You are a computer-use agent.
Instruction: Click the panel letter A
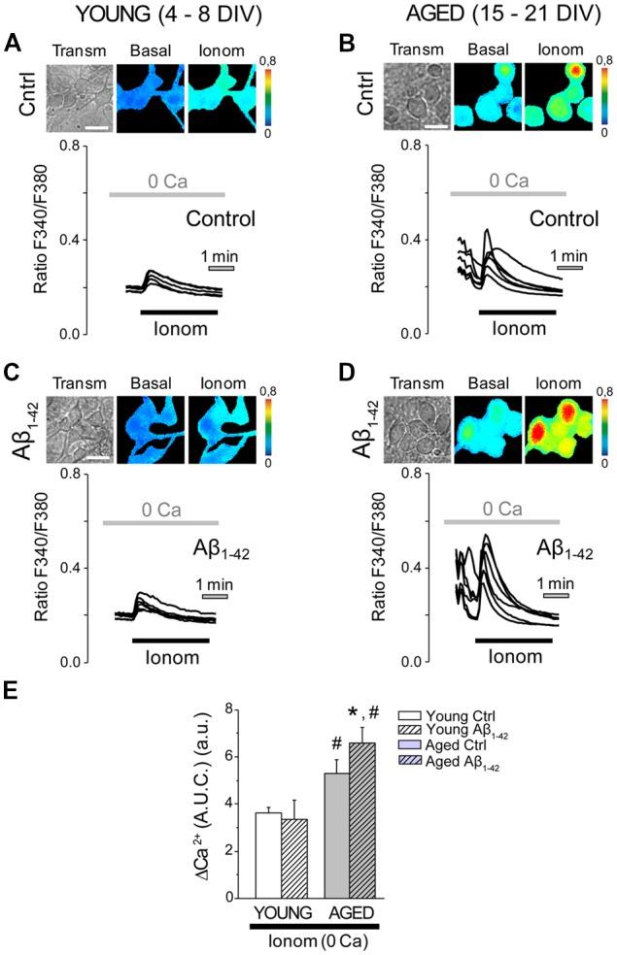pyautogui.click(x=11, y=43)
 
